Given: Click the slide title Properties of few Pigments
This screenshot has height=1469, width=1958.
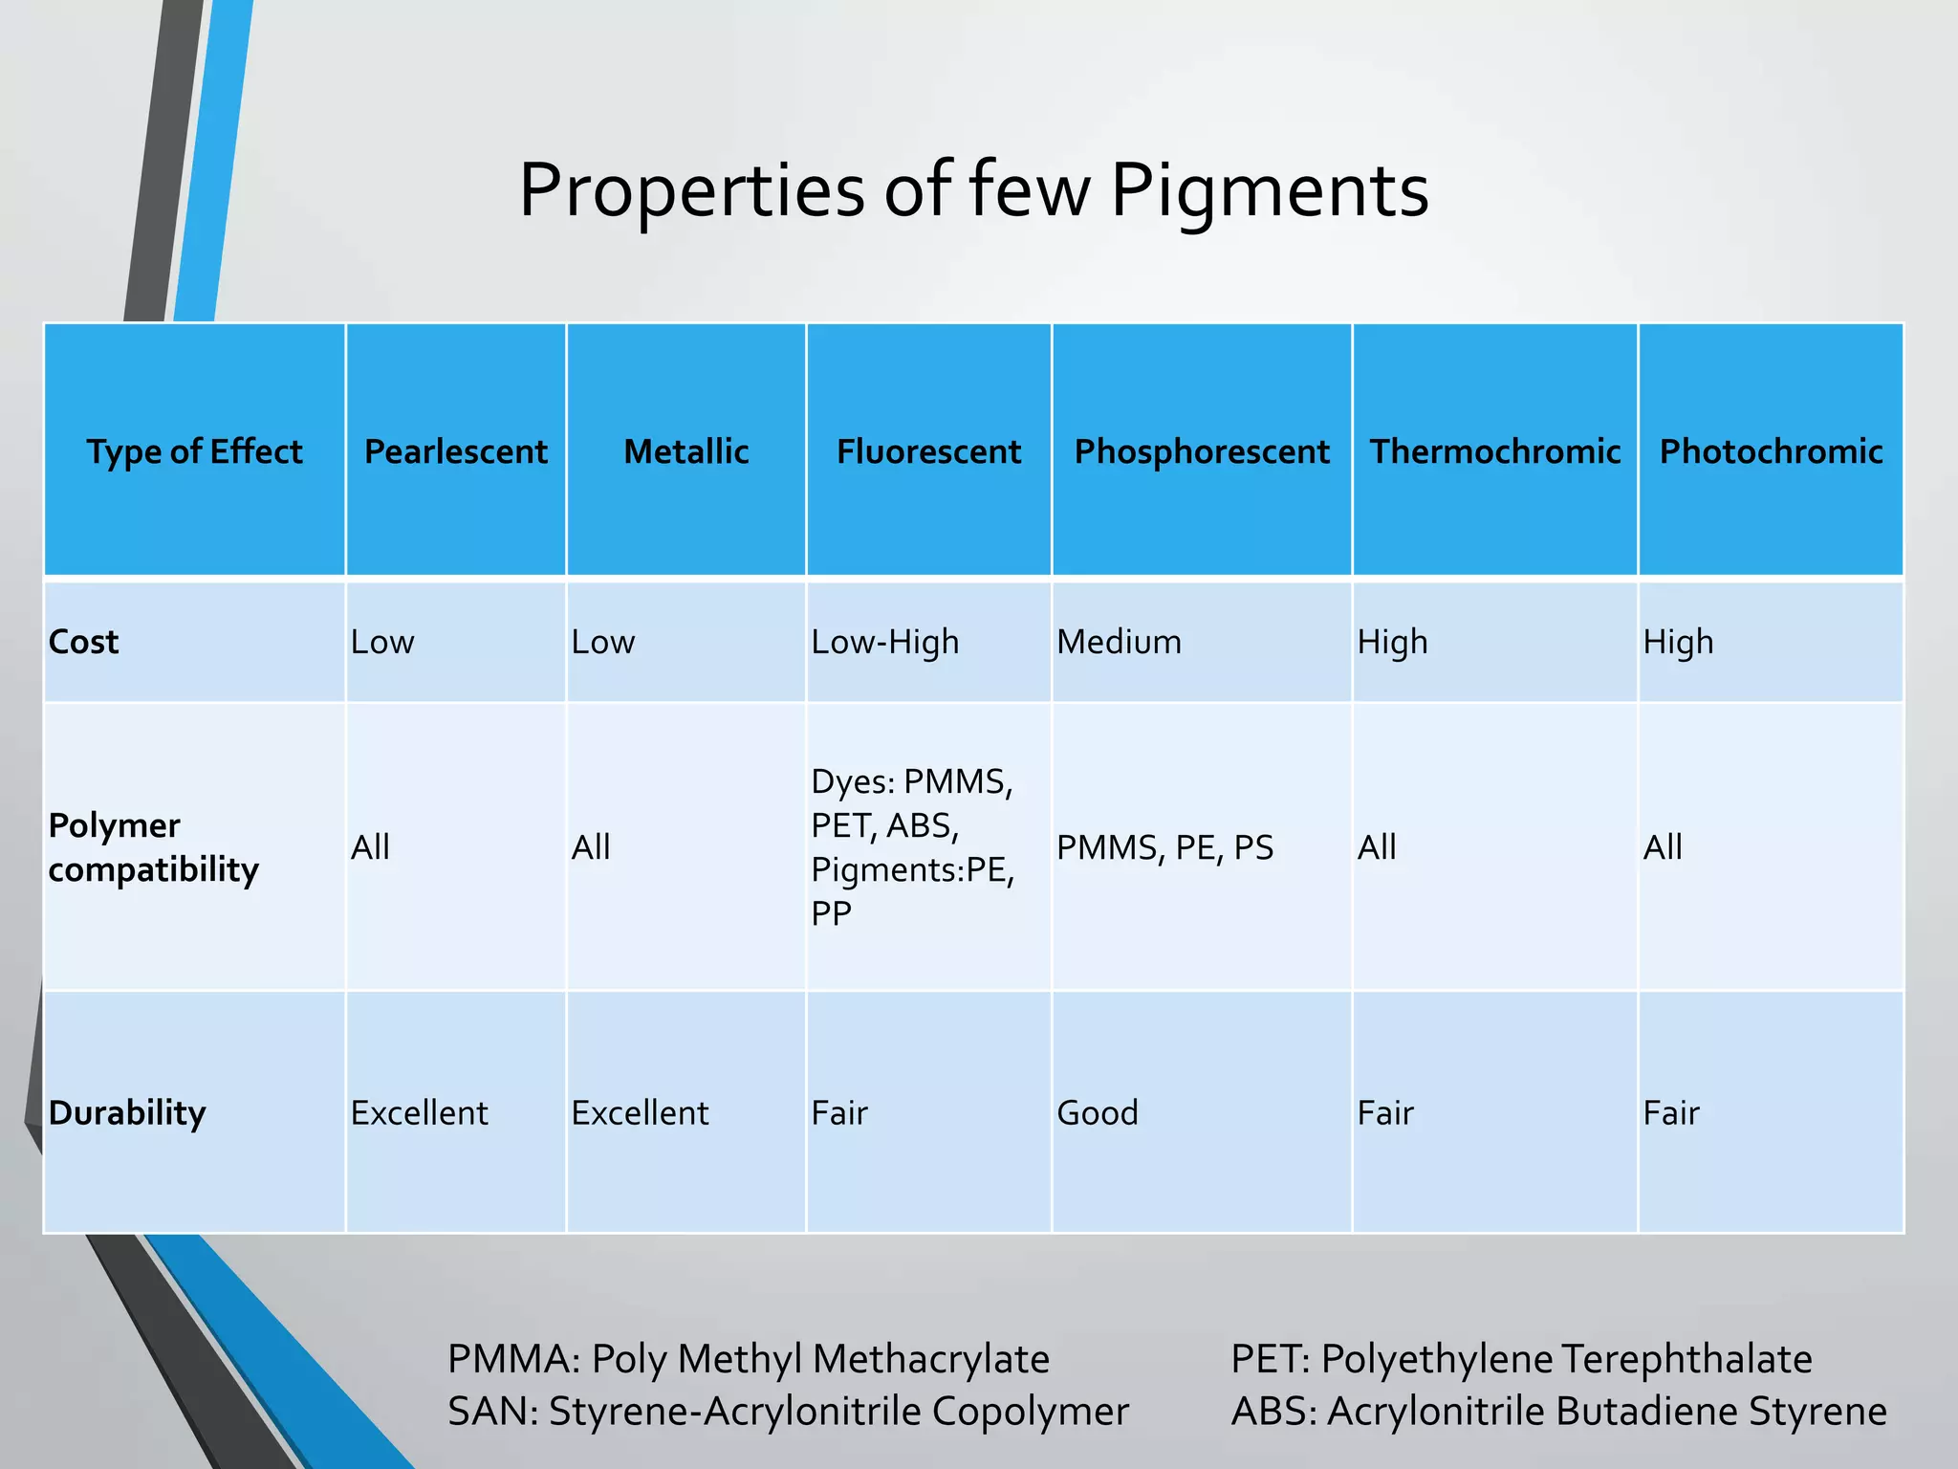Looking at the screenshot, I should [973, 190].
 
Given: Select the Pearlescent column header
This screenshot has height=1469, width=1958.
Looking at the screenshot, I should [456, 451].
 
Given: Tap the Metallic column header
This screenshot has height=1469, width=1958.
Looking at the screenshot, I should [685, 451].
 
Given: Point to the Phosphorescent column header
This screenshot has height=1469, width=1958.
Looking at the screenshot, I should [1202, 451].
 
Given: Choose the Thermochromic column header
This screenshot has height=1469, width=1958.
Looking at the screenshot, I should [1495, 451].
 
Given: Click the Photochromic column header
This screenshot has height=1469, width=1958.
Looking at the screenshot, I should [1771, 451].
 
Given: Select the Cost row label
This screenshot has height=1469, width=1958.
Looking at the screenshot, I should [84, 642].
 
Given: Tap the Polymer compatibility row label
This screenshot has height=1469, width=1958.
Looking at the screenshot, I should [153, 847].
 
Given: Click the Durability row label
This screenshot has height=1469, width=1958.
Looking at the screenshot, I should [127, 1112].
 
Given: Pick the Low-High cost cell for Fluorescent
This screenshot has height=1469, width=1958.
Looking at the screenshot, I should [885, 642].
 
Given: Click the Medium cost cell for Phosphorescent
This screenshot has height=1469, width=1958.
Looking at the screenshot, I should [1119, 642].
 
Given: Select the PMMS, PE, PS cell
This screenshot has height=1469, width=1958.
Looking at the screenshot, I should [1164, 847].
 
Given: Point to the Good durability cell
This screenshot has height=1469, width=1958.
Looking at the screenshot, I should [1098, 1112].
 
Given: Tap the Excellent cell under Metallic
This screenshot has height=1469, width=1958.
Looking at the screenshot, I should [640, 1112].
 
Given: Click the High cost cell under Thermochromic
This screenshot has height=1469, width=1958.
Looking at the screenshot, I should [1392, 642].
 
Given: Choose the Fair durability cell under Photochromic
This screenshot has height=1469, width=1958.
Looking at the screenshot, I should [1671, 1112].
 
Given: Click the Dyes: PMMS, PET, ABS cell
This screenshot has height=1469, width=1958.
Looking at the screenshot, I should [913, 847].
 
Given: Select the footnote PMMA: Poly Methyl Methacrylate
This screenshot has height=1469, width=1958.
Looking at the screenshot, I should [749, 1359].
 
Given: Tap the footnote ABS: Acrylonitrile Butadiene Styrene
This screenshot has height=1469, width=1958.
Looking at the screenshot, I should [1558, 1412].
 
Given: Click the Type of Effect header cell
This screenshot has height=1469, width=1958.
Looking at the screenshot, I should [194, 451].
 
